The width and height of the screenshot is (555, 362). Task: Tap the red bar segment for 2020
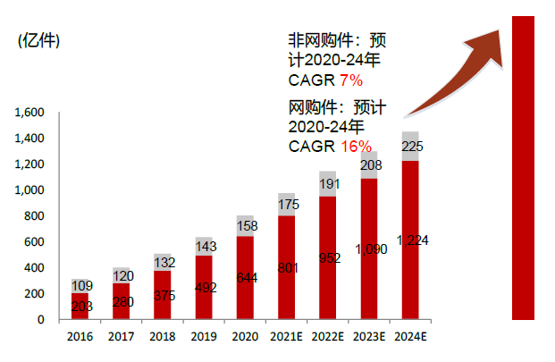coord(245,278)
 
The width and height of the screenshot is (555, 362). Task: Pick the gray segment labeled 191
coord(327,183)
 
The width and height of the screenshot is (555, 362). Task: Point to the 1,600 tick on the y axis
coord(29,114)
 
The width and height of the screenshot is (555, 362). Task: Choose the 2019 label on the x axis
coord(205,336)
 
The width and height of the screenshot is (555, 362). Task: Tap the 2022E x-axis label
coord(327,336)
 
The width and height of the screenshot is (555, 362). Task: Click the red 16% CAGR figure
coord(355,146)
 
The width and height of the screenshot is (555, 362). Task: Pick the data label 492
coord(205,288)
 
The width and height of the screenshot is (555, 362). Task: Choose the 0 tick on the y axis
coord(41,319)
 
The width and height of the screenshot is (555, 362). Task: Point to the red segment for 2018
coord(164,295)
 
